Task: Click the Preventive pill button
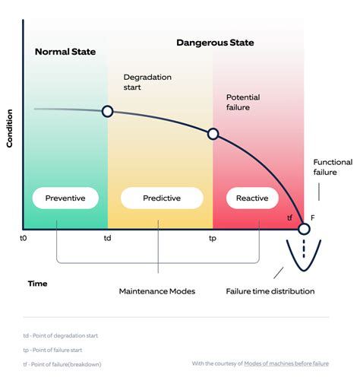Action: pyautogui.click(x=65, y=198)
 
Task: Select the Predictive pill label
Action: pyautogui.click(x=162, y=198)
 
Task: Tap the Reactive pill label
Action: pyautogui.click(x=252, y=198)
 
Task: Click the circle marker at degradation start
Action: pyautogui.click(x=108, y=112)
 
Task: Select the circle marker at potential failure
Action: pyautogui.click(x=213, y=134)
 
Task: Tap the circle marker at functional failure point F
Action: pyautogui.click(x=304, y=228)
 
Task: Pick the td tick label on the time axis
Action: pyautogui.click(x=108, y=238)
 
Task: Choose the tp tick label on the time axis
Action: pyautogui.click(x=213, y=238)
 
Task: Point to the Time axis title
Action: pyautogui.click(x=37, y=284)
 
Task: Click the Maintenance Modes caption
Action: pyautogui.click(x=158, y=291)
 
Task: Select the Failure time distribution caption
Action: pyautogui.click(x=270, y=291)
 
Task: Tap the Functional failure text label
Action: pyautogui.click(x=333, y=167)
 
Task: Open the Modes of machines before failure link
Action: pyautogui.click(x=286, y=363)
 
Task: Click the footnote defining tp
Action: pyautogui.click(x=60, y=350)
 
